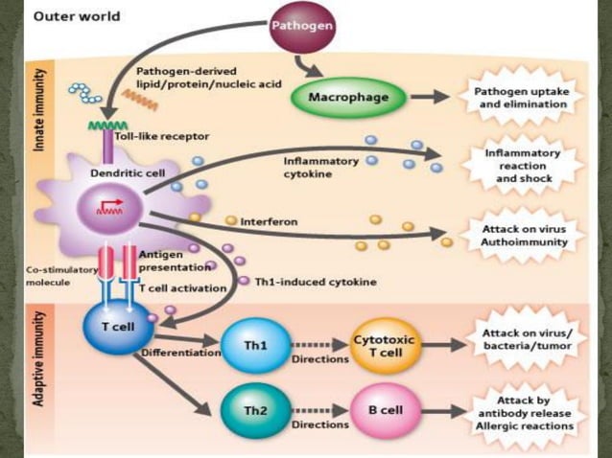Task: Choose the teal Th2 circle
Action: pos(253,409)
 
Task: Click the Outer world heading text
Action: pos(65,17)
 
